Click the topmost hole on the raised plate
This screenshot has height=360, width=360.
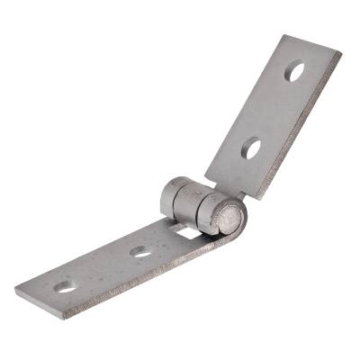(x=293, y=69)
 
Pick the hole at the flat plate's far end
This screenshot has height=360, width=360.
(x=64, y=287)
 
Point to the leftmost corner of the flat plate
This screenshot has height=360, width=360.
(x=14, y=289)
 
